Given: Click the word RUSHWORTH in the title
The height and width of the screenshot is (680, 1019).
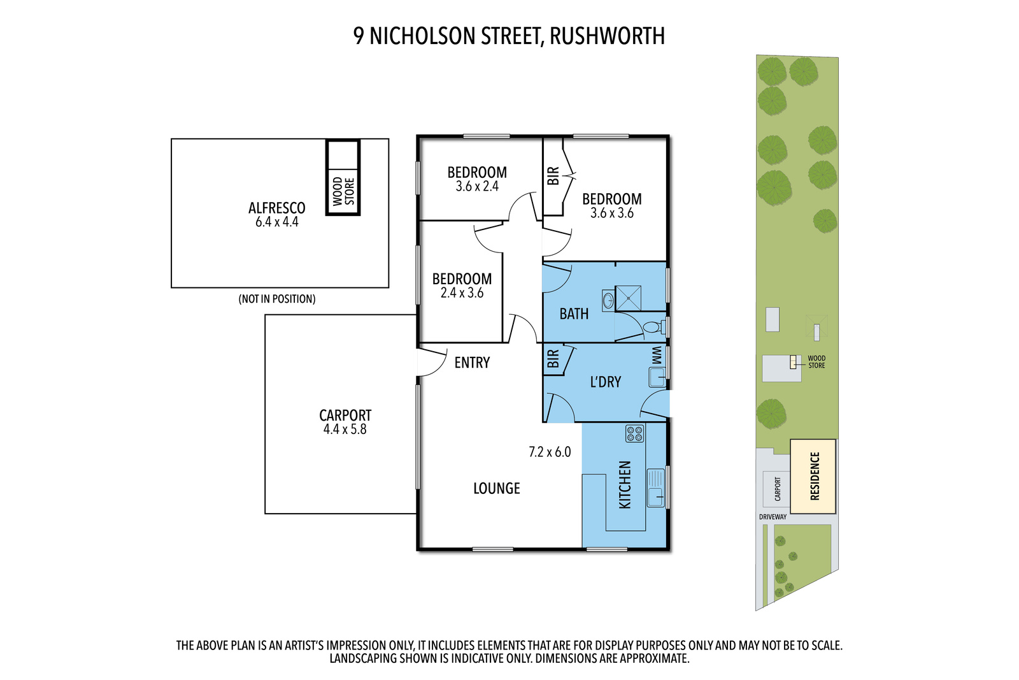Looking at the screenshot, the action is click(608, 36).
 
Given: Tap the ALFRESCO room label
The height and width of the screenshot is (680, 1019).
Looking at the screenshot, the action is click(276, 208).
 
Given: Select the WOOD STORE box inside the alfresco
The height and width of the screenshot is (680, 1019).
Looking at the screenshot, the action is click(343, 177).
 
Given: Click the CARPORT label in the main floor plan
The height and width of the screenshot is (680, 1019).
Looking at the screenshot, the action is click(345, 415).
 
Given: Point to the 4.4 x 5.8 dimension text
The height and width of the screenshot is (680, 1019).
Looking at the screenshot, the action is click(345, 429).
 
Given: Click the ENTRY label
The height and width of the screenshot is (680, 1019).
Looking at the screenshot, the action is click(472, 362).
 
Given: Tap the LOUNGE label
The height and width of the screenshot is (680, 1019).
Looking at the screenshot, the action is click(497, 488).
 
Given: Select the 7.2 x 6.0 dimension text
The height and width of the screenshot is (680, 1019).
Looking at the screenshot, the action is click(550, 452).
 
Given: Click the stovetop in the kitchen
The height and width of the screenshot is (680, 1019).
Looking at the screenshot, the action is click(634, 433).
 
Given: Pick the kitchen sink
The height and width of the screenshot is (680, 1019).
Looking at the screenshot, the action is click(655, 488).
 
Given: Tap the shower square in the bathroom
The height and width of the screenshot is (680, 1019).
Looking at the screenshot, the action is click(628, 298).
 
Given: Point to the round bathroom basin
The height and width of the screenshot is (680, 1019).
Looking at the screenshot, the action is click(608, 300).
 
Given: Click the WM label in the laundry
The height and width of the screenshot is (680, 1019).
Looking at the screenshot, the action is click(657, 355).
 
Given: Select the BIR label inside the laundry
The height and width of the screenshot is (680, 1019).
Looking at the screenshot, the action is click(553, 359).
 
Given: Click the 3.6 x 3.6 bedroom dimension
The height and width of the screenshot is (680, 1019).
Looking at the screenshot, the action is click(612, 213).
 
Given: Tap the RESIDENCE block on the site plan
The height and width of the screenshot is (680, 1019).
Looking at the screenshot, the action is click(813, 476).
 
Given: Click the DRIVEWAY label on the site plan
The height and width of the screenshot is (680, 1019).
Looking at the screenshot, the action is click(773, 517).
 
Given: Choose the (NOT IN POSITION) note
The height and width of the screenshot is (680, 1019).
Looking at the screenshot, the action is click(277, 299).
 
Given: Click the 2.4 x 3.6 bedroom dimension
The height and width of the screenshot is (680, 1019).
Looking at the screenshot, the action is click(462, 293).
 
